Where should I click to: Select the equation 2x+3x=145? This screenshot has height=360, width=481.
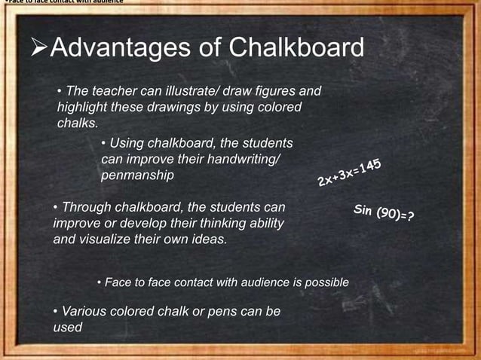[x=349, y=172]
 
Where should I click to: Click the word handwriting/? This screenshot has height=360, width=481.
[x=242, y=159]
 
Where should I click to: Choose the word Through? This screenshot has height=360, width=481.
[x=85, y=207]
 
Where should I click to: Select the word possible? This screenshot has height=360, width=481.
[x=326, y=282]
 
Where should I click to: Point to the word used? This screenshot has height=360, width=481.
[x=67, y=328]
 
